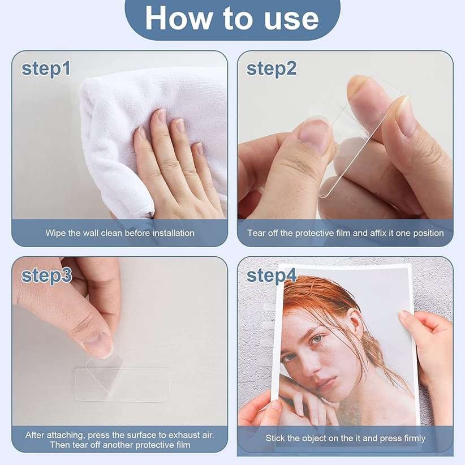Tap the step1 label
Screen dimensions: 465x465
pyautogui.click(x=46, y=68)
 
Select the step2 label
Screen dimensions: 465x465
pyautogui.click(x=272, y=68)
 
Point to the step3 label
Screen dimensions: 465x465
pyautogui.click(x=46, y=275)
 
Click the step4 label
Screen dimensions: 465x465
pyautogui.click(x=272, y=275)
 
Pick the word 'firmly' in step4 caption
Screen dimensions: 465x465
pyautogui.click(x=411, y=438)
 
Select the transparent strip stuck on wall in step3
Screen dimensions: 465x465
pyautogui.click(x=122, y=385)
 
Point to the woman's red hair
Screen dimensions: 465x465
pyautogui.click(x=317, y=300)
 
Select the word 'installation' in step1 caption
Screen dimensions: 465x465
pyautogui.click(x=172, y=233)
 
